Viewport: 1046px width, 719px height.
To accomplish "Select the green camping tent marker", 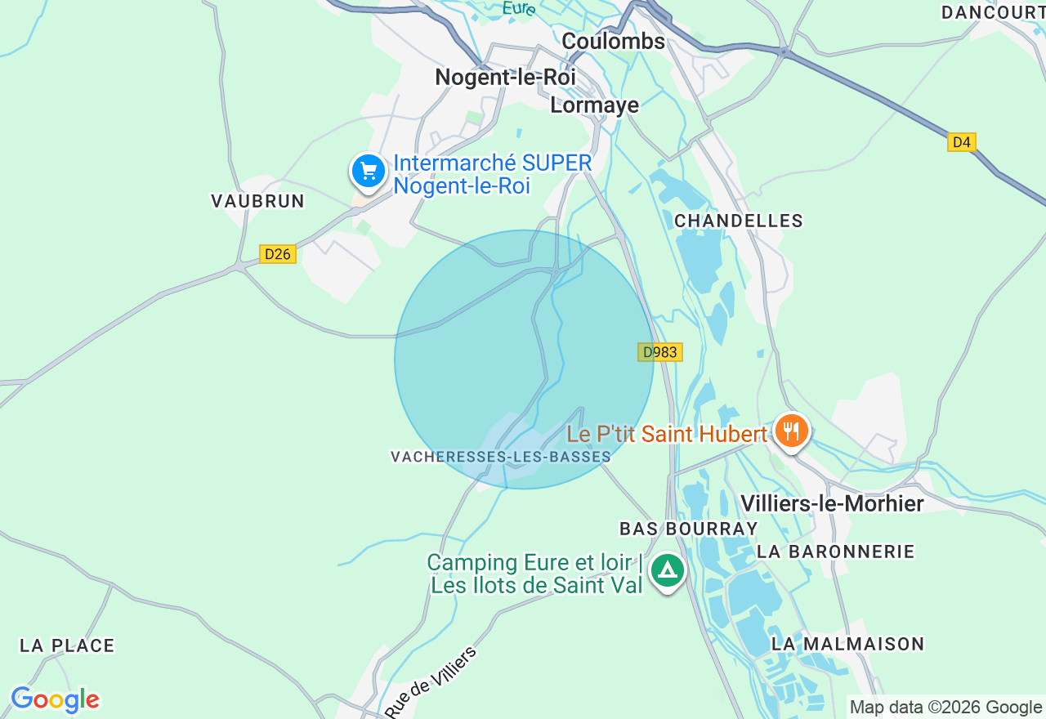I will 668,569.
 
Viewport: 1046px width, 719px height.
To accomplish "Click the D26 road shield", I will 277,254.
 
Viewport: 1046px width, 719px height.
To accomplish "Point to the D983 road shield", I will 659,352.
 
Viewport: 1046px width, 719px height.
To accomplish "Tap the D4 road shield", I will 962,142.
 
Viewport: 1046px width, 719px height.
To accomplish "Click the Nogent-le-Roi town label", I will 505,77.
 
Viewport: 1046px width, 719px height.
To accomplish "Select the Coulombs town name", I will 613,41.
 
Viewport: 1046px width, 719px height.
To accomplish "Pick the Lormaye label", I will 594,105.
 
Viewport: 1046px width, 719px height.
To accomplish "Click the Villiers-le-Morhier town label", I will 832,503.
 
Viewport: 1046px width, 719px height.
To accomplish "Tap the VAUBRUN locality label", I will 257,201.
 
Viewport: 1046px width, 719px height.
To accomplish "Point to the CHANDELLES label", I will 739,221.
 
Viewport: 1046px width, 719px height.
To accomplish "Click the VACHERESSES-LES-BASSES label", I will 500,457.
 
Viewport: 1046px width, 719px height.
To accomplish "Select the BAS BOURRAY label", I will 677,529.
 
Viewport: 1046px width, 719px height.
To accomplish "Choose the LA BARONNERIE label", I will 835,552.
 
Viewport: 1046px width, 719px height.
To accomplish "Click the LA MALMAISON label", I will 847,644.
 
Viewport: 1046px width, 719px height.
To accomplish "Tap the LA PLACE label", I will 67,645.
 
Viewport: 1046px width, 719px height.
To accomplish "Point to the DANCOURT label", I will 993,12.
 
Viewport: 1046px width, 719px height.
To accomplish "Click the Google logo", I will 55,700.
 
